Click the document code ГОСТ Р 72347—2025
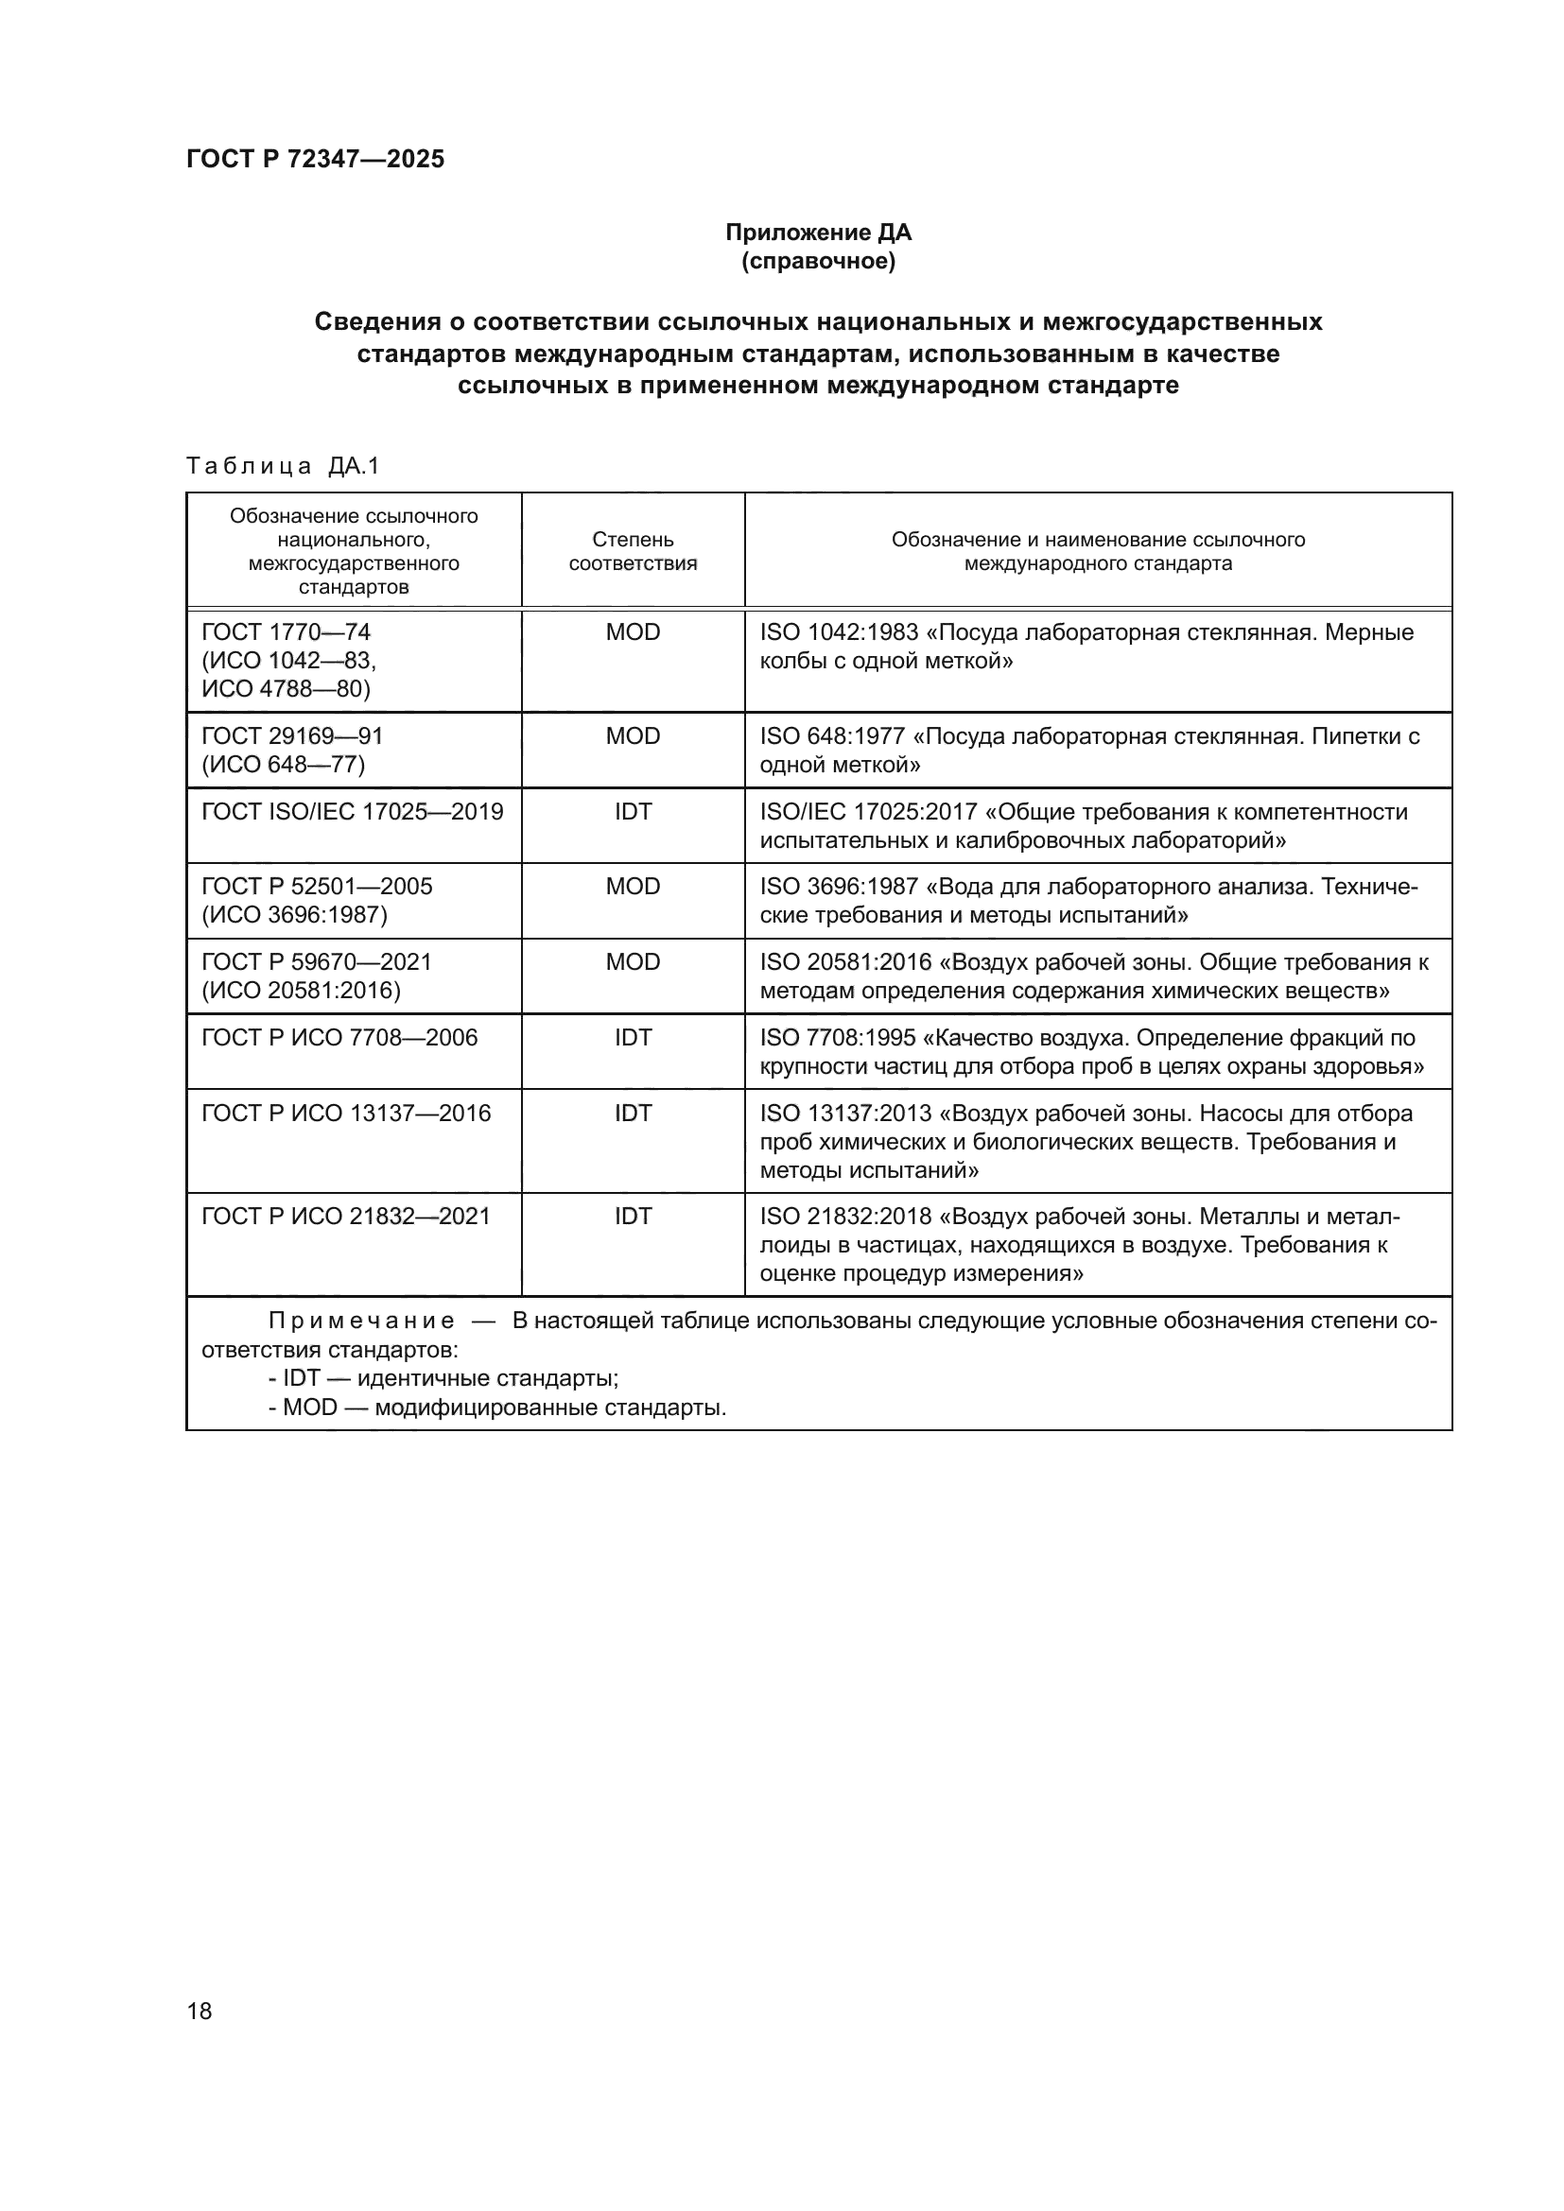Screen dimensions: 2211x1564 click(315, 159)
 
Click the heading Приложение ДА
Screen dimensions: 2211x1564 click(818, 233)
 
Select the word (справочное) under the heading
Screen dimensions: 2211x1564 click(818, 262)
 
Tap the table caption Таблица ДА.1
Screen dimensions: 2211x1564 click(283, 466)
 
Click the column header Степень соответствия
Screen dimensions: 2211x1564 click(633, 551)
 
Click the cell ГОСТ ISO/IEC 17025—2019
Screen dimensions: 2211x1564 click(353, 812)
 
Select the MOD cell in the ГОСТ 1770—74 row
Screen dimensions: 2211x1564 click(633, 632)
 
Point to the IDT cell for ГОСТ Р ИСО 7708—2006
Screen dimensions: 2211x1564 click(633, 1037)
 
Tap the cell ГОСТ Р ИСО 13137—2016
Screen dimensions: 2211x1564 click(347, 1114)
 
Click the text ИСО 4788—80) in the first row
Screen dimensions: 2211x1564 click(286, 688)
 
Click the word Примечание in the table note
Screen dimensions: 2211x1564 click(361, 1321)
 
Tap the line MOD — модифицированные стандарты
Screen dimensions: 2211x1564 click(497, 1408)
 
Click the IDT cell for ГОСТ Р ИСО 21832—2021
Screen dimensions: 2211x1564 click(633, 1217)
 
